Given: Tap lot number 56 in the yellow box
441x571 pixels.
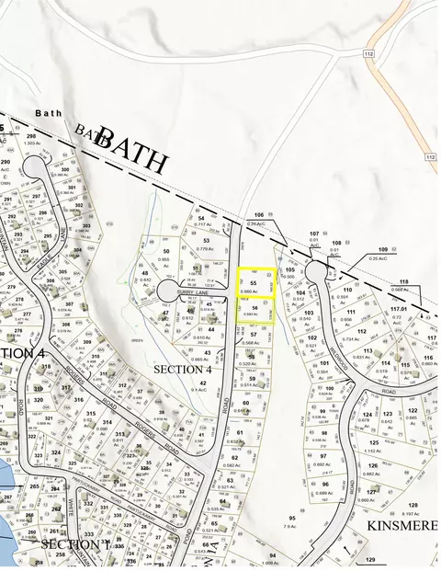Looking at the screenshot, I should coord(254,307).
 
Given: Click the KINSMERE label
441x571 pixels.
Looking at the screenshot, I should coord(402,525).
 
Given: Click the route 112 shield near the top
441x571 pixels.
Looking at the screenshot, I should coord(369,55).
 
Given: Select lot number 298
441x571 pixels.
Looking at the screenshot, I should coord(30,136).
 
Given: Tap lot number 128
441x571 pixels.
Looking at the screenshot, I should coord(413,506).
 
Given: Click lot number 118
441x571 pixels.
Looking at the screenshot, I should coord(403,282).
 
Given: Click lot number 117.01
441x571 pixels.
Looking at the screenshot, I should coord(398,311).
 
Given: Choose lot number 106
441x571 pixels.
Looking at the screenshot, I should coord(258,214).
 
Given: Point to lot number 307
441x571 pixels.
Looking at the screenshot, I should coord(69,304).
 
